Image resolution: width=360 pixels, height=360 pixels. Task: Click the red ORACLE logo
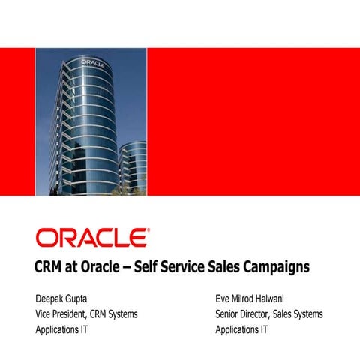tap(91, 237)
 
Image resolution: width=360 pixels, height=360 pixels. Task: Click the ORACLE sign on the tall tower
tap(92, 61)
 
